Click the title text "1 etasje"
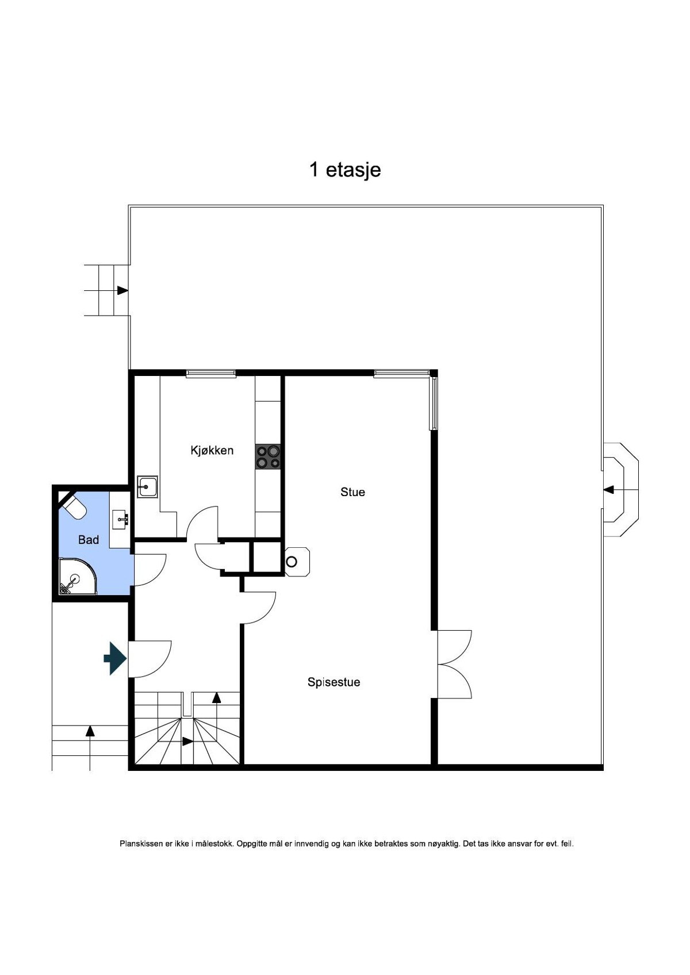tap(345, 170)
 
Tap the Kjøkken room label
tap(212, 450)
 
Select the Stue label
tap(352, 492)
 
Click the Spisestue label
tap(333, 682)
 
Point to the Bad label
tap(89, 540)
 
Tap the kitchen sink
tap(147, 486)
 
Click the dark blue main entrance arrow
tap(115, 659)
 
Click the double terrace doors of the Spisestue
tap(454, 665)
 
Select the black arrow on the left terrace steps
tap(122, 290)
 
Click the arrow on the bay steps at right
tap(608, 490)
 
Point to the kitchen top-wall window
tap(210, 374)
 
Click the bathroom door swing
tap(149, 569)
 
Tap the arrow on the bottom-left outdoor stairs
tap(90, 731)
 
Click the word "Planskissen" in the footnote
tap(141, 844)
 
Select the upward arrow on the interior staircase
tap(217, 698)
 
